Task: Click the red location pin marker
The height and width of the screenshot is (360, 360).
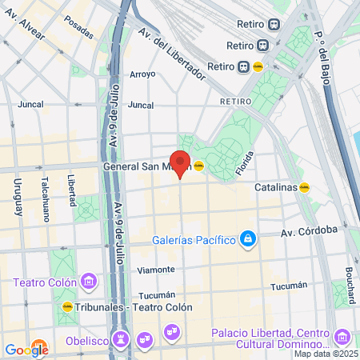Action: point(180,162)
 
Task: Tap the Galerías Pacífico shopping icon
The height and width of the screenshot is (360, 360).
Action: point(249,239)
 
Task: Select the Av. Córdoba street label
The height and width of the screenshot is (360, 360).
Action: point(309,231)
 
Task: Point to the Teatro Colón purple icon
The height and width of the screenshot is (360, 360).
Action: point(88,282)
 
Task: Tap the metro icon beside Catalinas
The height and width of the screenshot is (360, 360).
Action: point(305,187)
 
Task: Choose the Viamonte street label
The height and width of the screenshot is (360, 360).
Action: point(155,270)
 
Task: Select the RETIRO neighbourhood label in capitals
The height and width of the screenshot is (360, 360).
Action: point(235,102)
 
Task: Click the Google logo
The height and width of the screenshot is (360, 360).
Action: point(26,350)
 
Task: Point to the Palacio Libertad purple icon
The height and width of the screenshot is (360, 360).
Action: point(343,337)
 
